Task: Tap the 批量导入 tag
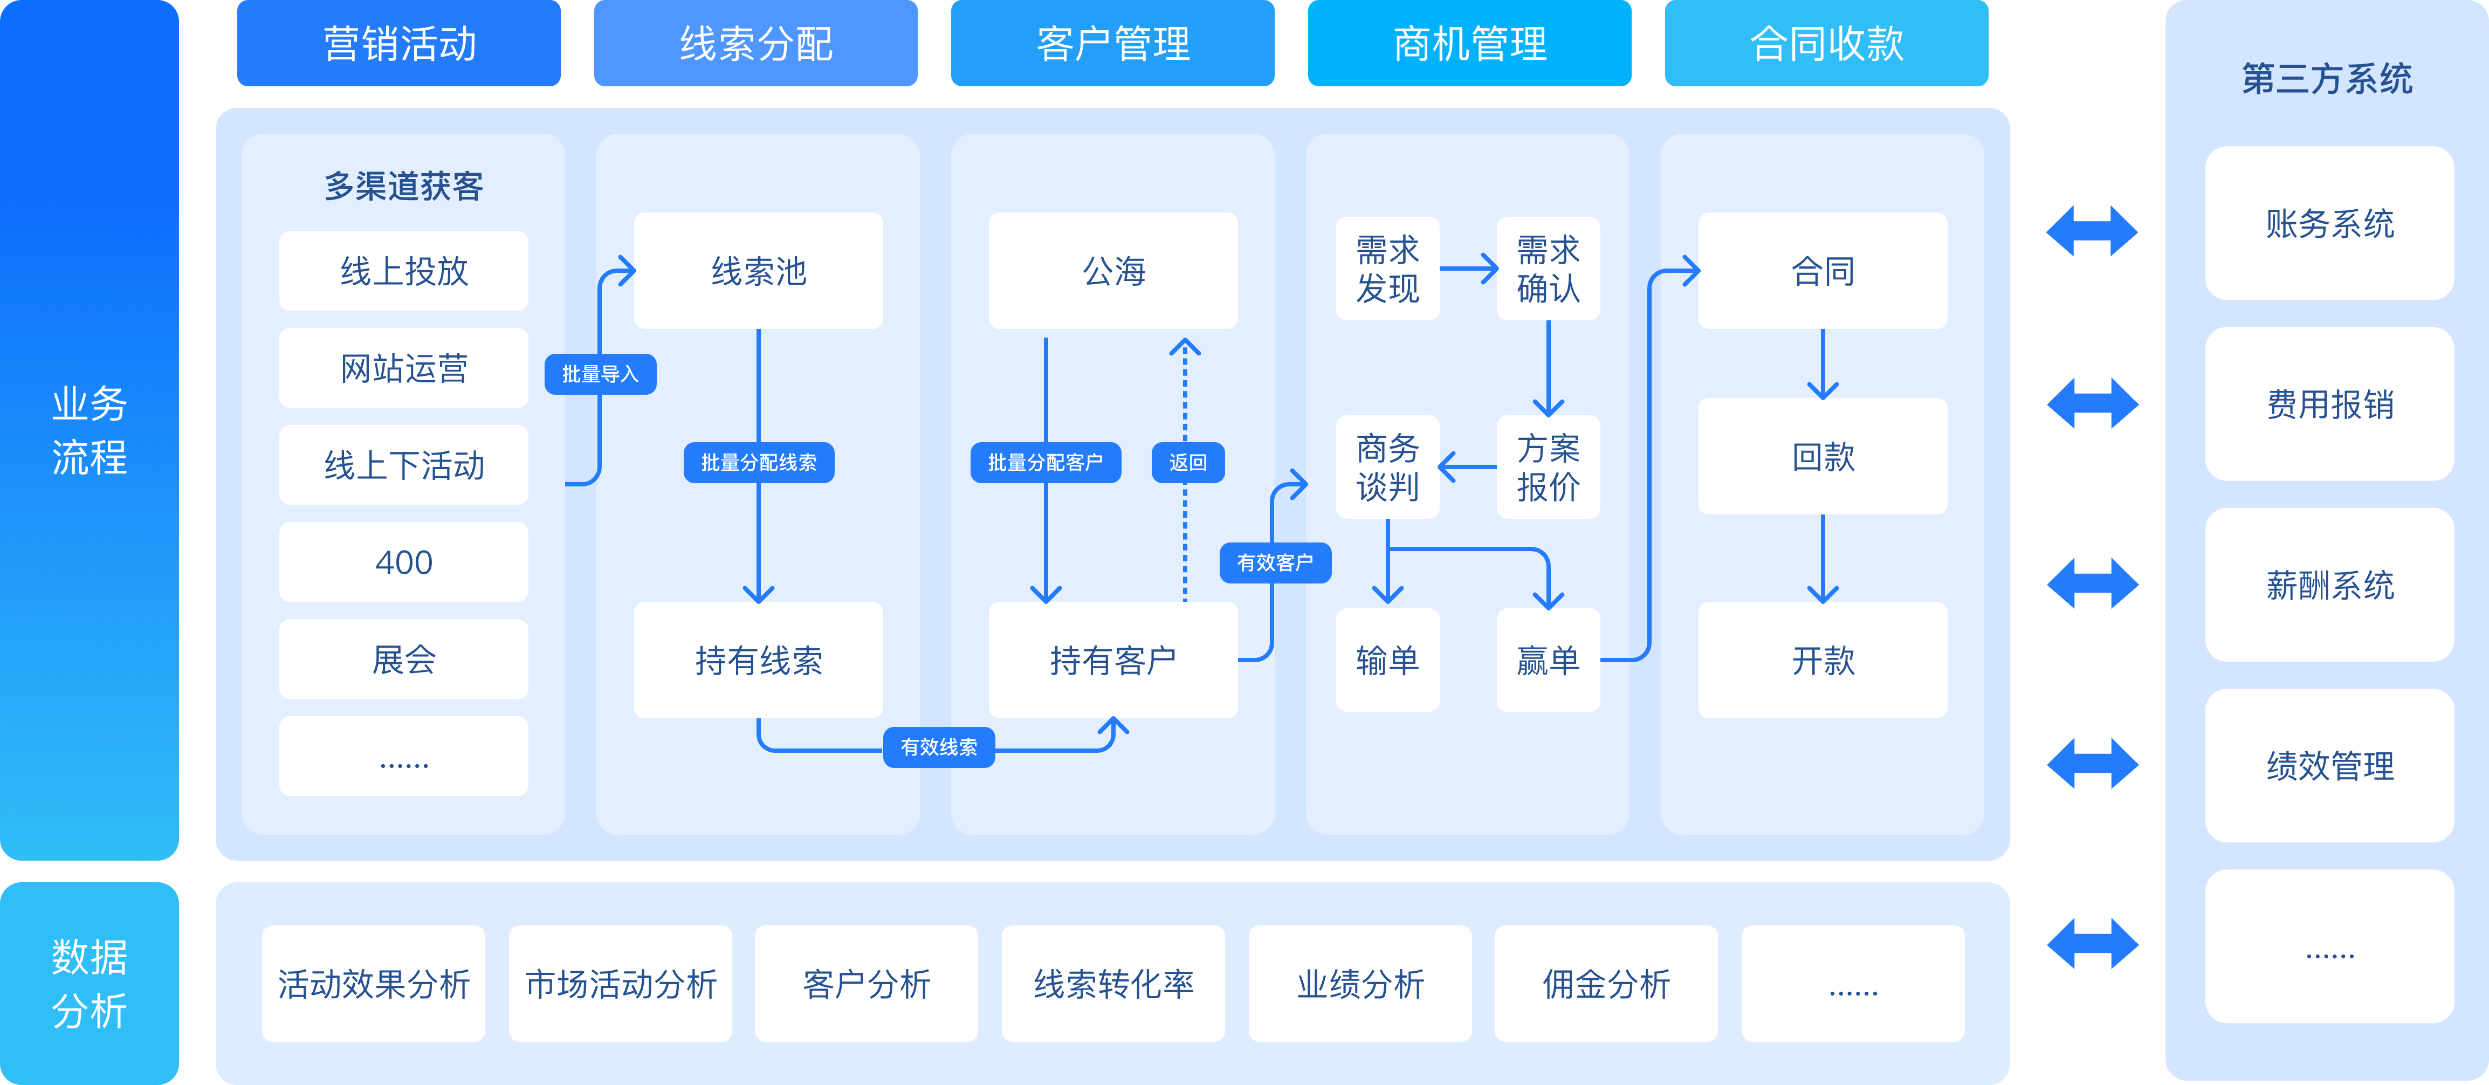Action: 600,374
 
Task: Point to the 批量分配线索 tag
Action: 759,463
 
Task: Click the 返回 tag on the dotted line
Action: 1187,463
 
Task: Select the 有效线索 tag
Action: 938,747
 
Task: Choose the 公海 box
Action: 1112,271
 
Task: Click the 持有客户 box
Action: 1112,660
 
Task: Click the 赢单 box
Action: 1548,660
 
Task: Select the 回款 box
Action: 1823,456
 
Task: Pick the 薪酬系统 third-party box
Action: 2329,585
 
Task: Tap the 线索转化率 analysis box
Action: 1113,984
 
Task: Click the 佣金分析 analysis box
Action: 1606,984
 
